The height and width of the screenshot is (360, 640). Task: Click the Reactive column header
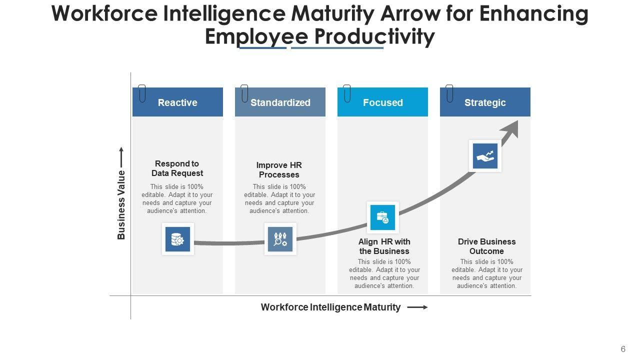(177, 102)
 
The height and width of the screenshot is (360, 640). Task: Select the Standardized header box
(280, 102)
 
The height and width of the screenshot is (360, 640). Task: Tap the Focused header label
(382, 102)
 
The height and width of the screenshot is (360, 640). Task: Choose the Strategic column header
(485, 102)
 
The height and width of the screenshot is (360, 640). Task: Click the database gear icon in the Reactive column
(177, 239)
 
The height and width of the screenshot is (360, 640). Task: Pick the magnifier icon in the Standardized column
(280, 239)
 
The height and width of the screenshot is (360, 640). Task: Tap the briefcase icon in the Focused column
(382, 217)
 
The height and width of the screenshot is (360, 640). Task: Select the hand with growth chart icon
(485, 156)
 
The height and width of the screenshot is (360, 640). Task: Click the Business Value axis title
(121, 205)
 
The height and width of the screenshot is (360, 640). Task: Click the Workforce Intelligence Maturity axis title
(330, 307)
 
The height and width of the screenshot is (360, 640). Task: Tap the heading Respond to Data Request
(177, 168)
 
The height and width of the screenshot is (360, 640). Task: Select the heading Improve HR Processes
(279, 170)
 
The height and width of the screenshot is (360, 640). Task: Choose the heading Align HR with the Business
(384, 246)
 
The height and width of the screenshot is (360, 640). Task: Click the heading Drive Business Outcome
(486, 246)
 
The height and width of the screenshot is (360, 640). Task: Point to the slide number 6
(623, 349)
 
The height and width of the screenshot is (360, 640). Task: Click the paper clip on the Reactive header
(142, 93)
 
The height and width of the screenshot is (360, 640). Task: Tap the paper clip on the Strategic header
(449, 93)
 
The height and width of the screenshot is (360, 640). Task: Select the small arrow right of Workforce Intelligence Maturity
(417, 307)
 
